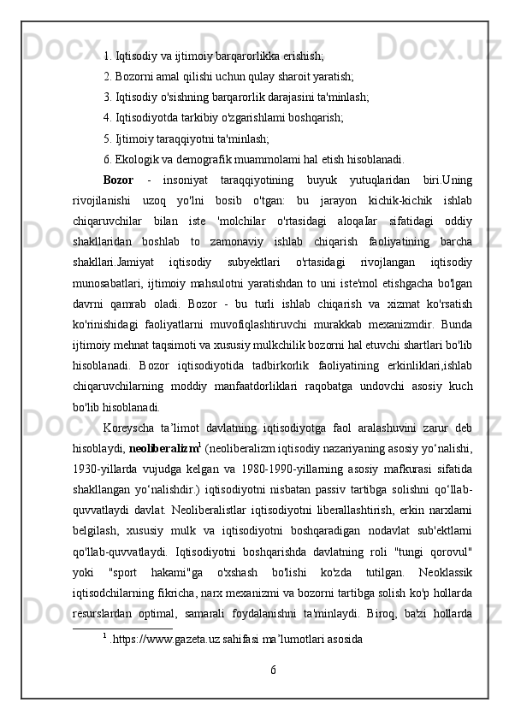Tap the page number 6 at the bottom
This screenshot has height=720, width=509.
(x=274, y=691)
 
